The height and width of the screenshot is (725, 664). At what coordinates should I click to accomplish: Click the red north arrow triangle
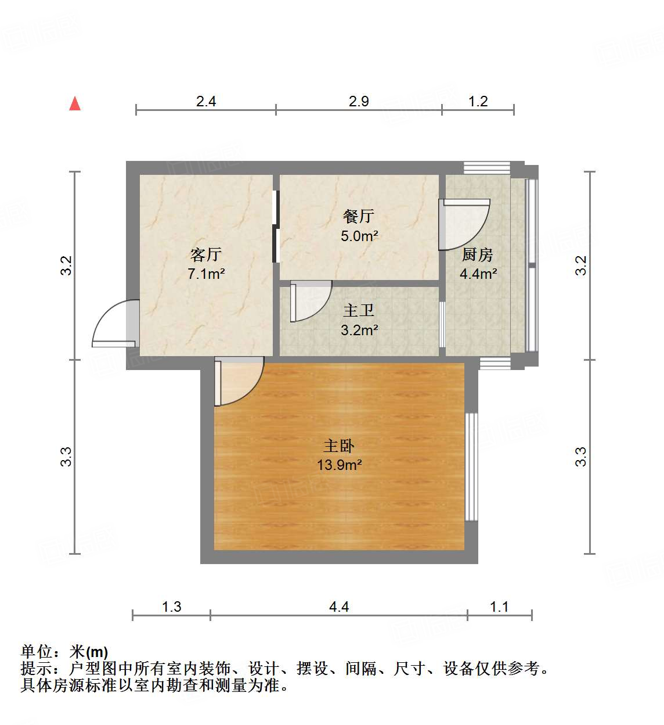(x=75, y=103)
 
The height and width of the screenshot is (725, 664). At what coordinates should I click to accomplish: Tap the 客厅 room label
(x=205, y=254)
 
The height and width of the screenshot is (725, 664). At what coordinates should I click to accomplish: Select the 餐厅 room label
(x=359, y=217)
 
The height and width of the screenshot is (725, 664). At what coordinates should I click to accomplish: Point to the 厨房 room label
(x=478, y=254)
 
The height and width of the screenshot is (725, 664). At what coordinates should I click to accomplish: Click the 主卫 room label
(x=359, y=311)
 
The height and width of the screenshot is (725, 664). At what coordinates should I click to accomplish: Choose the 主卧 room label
(x=338, y=446)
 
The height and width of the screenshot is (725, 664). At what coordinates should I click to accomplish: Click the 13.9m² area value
(x=340, y=465)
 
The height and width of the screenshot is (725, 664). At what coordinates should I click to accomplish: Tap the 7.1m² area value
(x=206, y=274)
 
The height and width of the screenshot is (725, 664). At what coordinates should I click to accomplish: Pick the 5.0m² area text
(x=359, y=236)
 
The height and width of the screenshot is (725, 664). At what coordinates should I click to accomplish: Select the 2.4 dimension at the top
(x=206, y=102)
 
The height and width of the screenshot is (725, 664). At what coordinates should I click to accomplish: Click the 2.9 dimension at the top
(x=359, y=102)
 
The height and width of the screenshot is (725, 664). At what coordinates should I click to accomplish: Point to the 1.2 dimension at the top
(x=478, y=102)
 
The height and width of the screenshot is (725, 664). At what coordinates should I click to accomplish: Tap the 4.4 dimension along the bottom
(x=339, y=607)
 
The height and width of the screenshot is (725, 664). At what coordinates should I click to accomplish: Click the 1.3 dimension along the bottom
(x=171, y=607)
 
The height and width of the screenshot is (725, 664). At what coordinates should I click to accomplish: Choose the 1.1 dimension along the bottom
(x=499, y=607)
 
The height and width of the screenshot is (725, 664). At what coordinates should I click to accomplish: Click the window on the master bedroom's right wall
(x=471, y=467)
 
